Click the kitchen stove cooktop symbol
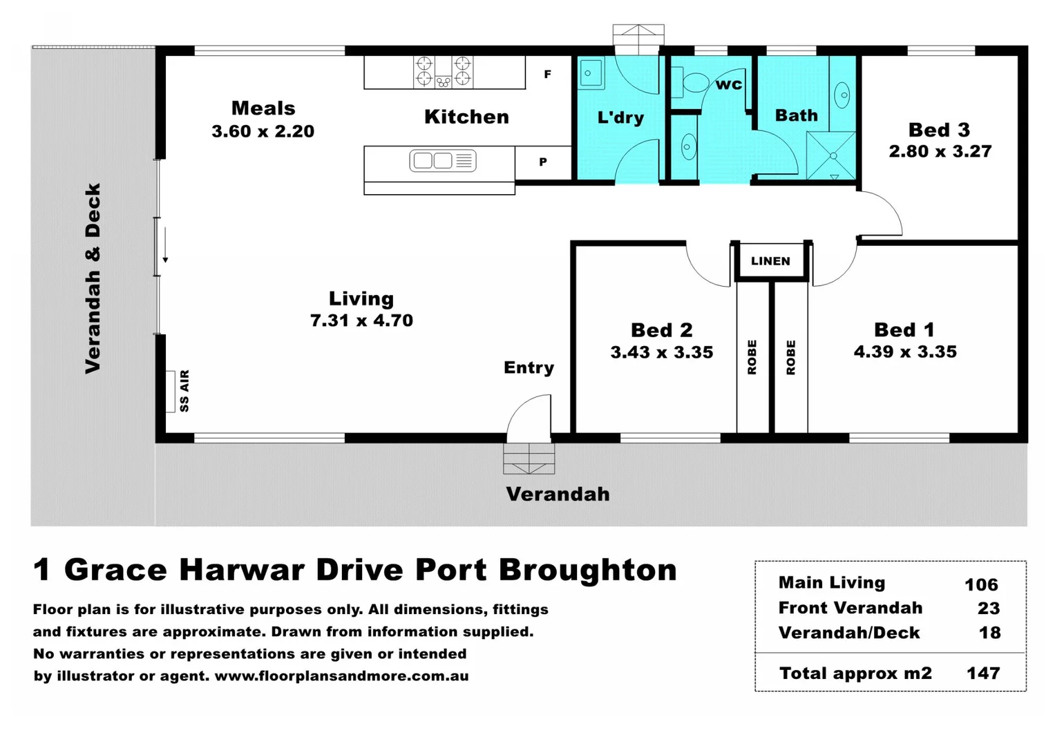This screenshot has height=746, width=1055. (x=444, y=71)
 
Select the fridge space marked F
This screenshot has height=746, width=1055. (x=547, y=74)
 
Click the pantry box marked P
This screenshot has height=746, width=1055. (x=543, y=162)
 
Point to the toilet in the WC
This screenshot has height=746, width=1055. (x=691, y=82)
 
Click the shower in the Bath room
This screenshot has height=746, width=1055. (x=832, y=155)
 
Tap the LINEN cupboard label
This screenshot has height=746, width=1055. (x=770, y=261)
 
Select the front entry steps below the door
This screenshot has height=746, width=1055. (x=529, y=459)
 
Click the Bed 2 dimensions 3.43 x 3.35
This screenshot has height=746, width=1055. (x=661, y=352)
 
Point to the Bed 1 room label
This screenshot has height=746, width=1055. (x=904, y=329)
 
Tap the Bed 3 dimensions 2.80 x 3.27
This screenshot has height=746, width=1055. (x=940, y=151)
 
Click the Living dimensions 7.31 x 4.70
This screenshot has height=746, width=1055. (x=361, y=321)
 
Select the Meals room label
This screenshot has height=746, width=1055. (x=263, y=108)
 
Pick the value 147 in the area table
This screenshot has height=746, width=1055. (x=982, y=673)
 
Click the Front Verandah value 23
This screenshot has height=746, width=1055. (x=989, y=608)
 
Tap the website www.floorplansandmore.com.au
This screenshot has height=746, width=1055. (x=341, y=676)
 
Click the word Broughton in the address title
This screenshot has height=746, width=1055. (x=587, y=570)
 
